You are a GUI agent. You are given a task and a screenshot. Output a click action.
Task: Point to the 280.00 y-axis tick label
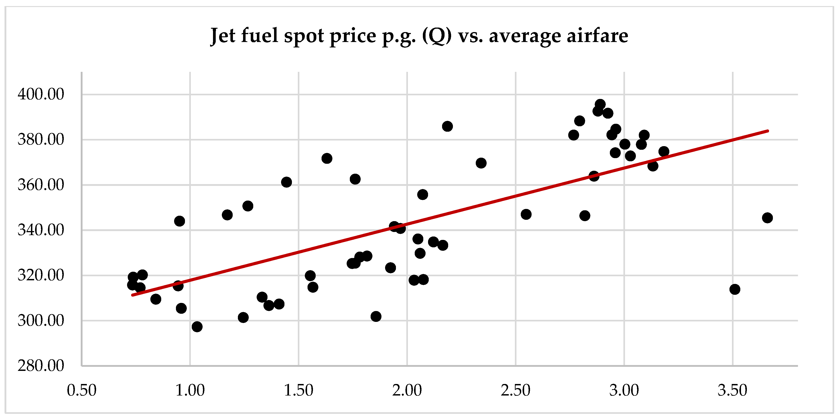(x=41, y=366)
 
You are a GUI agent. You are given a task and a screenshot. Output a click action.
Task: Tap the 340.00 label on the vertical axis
(x=41, y=230)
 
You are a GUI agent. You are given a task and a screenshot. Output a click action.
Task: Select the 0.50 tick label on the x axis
(x=82, y=390)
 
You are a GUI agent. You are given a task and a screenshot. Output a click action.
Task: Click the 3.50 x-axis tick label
(x=733, y=390)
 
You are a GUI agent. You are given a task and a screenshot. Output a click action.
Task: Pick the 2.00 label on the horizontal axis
(x=407, y=390)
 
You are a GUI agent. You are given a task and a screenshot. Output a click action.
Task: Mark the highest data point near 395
(x=600, y=105)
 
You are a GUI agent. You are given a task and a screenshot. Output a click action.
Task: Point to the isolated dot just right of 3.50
(x=735, y=289)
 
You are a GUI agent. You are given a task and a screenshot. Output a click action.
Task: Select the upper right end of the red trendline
(x=768, y=131)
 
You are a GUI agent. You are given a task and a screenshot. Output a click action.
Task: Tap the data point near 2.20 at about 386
(x=447, y=126)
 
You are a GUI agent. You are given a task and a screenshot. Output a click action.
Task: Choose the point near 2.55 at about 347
(x=526, y=215)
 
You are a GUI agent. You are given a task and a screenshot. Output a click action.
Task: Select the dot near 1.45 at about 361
(x=286, y=182)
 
